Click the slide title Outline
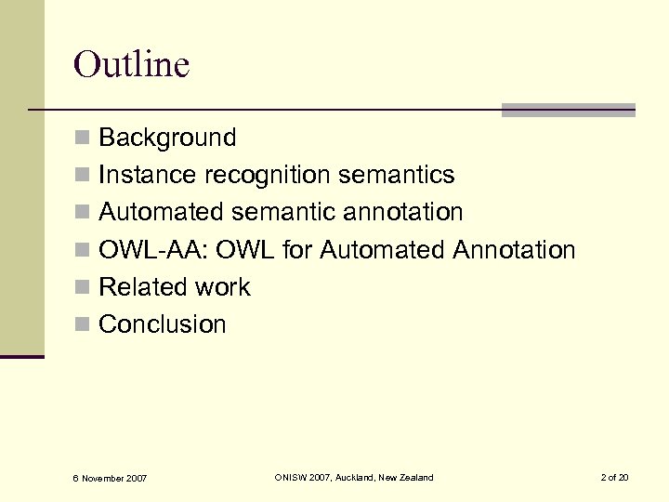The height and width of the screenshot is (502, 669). (x=131, y=65)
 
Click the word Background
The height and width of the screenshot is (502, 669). (x=167, y=138)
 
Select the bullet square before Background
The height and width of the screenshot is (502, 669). (x=82, y=139)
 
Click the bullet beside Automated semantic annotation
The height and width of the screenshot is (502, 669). (x=82, y=213)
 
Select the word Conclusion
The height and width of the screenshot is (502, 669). (x=162, y=324)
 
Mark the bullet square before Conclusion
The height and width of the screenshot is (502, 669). (x=82, y=324)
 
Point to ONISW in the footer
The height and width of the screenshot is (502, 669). (x=293, y=477)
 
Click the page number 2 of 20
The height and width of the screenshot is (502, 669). (x=614, y=477)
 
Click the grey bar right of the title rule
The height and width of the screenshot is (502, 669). (x=568, y=110)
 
